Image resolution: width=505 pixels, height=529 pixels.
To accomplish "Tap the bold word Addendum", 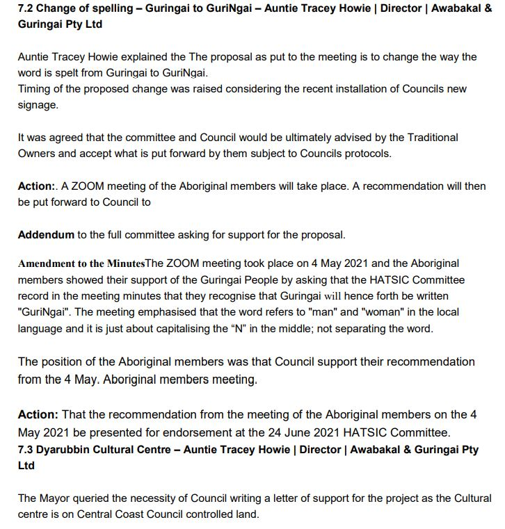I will click(x=46, y=234).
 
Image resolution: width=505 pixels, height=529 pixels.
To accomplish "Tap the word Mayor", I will click(x=57, y=498).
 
